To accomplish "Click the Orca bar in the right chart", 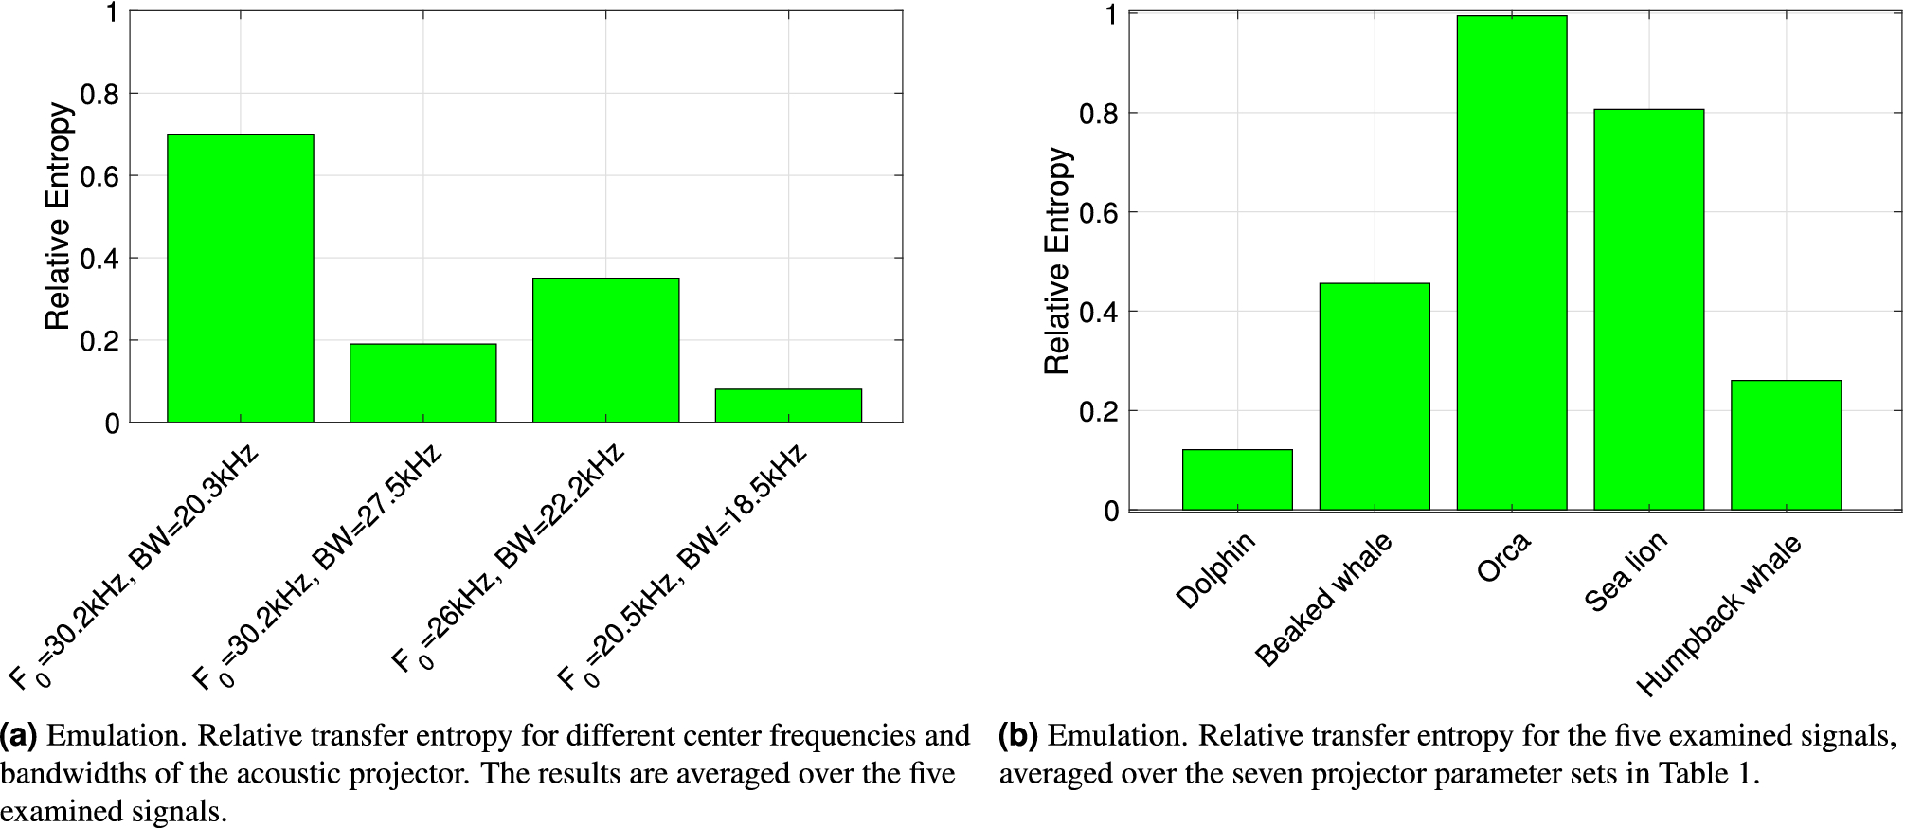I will tap(1511, 263).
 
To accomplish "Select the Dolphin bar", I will tap(1236, 480).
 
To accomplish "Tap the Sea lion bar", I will tap(1648, 310).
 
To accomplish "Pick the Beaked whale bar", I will tap(1374, 397).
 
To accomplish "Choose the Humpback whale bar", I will tap(1786, 445).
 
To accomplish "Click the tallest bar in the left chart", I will tap(240, 279).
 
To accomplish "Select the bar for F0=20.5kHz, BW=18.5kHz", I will tap(788, 405).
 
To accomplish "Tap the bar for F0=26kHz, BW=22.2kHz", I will tap(605, 351).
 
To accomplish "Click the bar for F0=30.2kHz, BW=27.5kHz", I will tap(422, 383).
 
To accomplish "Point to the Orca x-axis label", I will tap(1503, 558).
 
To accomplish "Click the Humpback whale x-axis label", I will tap(1718, 616).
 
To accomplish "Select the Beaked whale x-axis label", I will tap(1323, 600).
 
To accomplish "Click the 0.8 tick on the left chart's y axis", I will tap(99, 94).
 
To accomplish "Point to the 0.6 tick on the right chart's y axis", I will tap(1099, 212).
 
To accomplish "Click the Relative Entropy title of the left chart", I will tap(59, 216).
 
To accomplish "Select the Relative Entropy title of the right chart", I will tap(1056, 261).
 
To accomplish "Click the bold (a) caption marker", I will tap(18, 736).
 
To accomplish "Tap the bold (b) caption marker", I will tap(1018, 736).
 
